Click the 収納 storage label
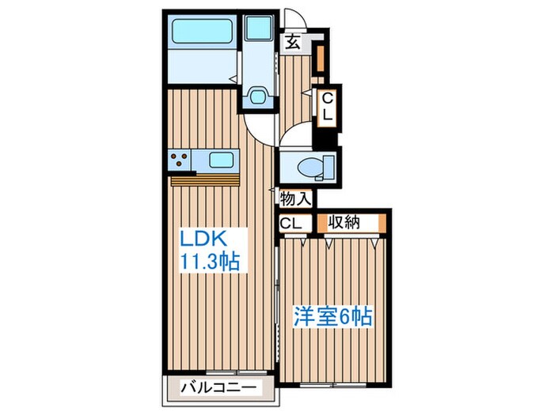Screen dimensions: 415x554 click(346, 223)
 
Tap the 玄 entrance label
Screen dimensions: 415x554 click(293, 43)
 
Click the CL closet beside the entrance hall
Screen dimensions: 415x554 click(326, 106)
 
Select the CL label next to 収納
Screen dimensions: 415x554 click(291, 223)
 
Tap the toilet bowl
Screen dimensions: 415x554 click(310, 167)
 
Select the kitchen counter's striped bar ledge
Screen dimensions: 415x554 click(203, 180)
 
